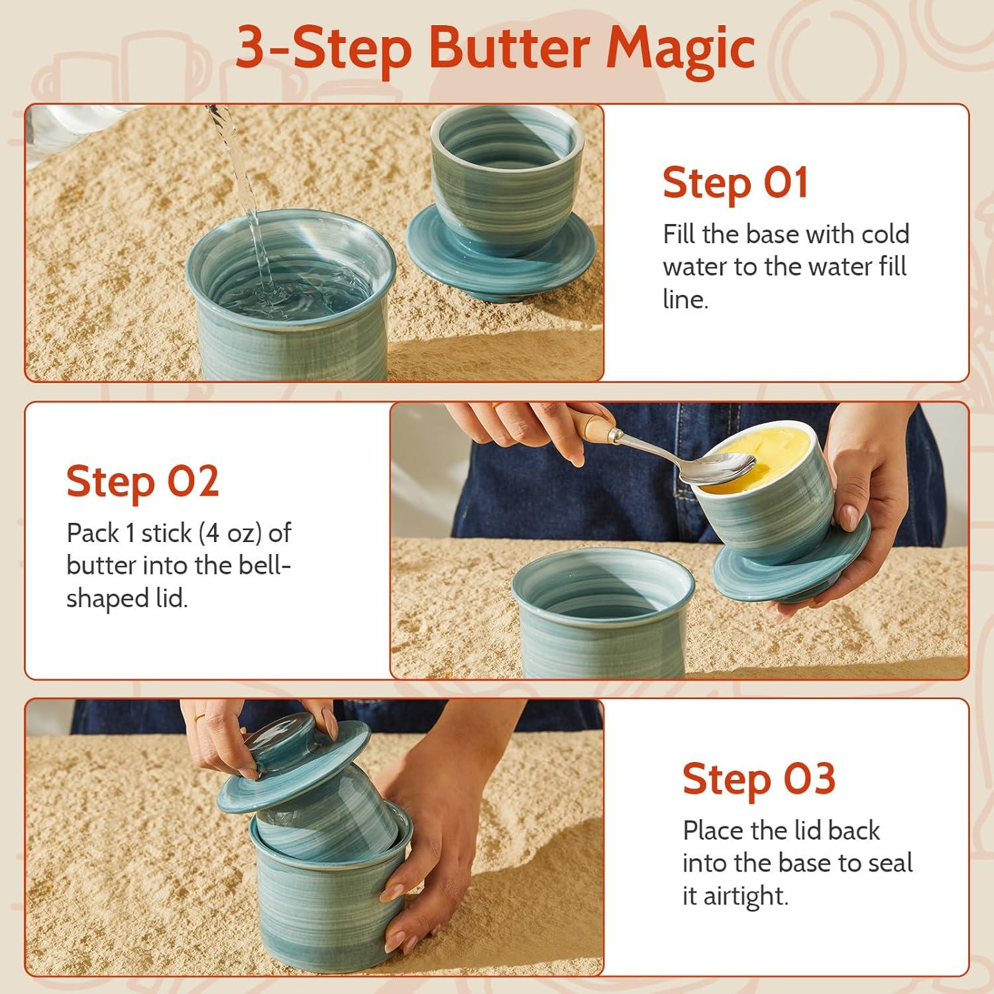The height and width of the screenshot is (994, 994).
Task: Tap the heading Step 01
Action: [x=736, y=183]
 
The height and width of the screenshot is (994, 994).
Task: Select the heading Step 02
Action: [x=142, y=482]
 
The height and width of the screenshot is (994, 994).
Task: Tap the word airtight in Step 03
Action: [x=745, y=896]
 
